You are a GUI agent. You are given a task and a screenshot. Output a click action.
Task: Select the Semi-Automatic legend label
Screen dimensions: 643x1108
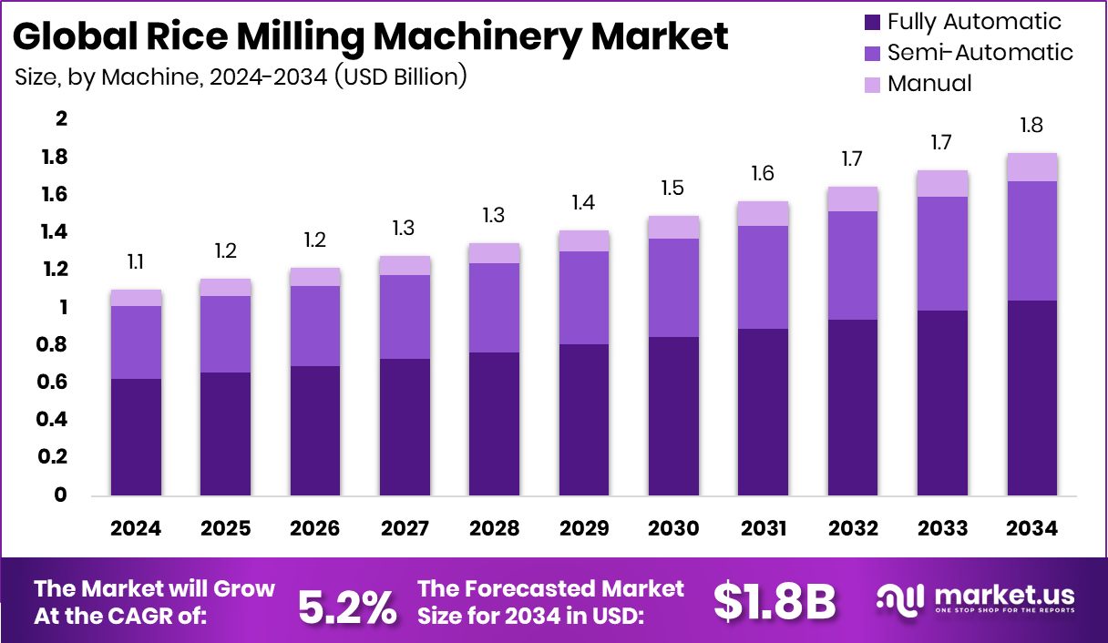click(x=980, y=53)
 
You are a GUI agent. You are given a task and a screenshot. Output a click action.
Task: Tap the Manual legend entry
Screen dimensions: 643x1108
click(x=929, y=84)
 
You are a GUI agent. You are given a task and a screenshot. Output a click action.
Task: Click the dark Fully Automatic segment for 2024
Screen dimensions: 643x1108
click(x=136, y=437)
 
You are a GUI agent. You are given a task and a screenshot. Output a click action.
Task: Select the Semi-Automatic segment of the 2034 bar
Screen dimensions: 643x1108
click(x=1032, y=240)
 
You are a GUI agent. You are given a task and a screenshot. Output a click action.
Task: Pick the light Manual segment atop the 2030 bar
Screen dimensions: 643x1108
click(x=673, y=227)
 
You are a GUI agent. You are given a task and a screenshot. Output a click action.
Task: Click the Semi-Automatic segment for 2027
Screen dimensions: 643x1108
click(x=405, y=316)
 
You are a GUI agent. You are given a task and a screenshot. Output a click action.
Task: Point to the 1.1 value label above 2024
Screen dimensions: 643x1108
click(x=136, y=262)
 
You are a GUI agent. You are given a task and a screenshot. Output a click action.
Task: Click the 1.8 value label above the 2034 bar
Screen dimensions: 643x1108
click(x=1032, y=126)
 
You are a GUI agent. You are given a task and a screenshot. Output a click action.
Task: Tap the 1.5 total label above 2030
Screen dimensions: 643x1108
click(x=673, y=189)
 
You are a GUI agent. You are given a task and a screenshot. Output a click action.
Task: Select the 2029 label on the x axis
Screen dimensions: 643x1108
click(x=584, y=529)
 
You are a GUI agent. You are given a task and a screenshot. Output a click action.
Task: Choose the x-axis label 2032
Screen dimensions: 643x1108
click(x=853, y=529)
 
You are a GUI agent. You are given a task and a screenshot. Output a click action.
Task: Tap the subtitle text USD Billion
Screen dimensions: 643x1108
click(x=401, y=77)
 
